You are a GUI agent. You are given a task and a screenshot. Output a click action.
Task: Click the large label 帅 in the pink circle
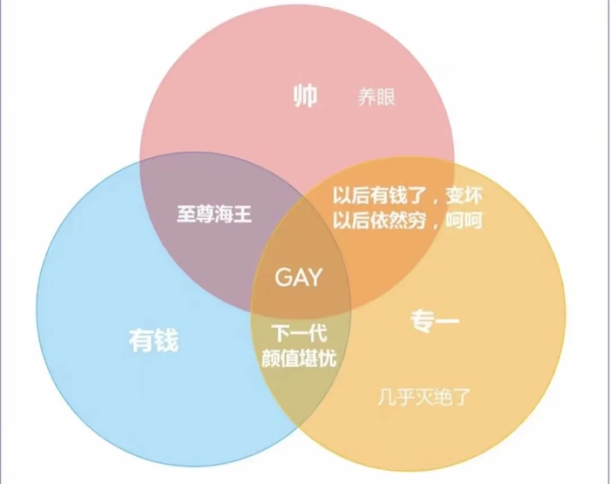click(x=305, y=97)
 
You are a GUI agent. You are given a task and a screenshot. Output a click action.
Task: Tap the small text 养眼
click(x=377, y=97)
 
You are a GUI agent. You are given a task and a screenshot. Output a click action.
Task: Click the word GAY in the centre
click(x=298, y=277)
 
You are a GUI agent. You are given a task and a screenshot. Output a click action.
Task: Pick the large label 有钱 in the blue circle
click(x=154, y=341)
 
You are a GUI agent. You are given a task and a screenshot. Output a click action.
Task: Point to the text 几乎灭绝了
click(x=423, y=398)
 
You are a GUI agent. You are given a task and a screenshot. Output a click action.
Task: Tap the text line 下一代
click(x=299, y=334)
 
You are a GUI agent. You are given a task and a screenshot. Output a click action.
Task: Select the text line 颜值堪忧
click(x=299, y=359)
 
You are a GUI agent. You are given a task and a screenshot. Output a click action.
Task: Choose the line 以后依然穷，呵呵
click(x=407, y=220)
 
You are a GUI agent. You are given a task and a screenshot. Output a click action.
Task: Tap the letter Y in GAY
click(x=314, y=277)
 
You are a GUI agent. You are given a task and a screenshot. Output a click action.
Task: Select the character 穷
click(x=420, y=220)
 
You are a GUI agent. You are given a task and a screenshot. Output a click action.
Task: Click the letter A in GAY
click(x=299, y=277)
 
